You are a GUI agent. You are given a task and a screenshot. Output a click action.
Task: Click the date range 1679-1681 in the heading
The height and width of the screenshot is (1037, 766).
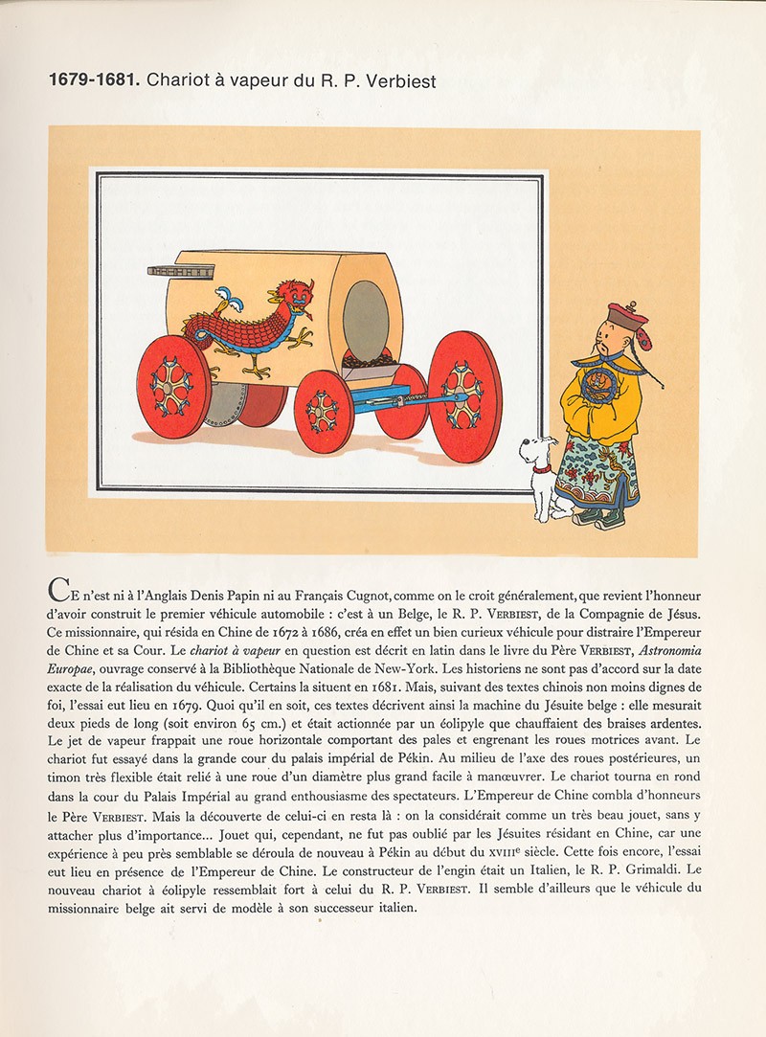click(93, 81)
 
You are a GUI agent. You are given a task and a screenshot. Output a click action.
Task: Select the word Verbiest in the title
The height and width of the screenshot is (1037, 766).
click(402, 81)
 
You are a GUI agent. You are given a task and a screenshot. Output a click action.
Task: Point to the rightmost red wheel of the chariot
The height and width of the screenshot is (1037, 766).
click(464, 395)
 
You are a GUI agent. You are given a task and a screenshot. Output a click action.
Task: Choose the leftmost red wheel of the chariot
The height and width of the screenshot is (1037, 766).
click(173, 387)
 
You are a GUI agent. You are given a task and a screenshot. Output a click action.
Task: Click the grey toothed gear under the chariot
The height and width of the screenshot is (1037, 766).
click(226, 405)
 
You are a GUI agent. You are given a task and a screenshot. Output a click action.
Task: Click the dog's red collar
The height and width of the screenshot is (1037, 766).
click(543, 469)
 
